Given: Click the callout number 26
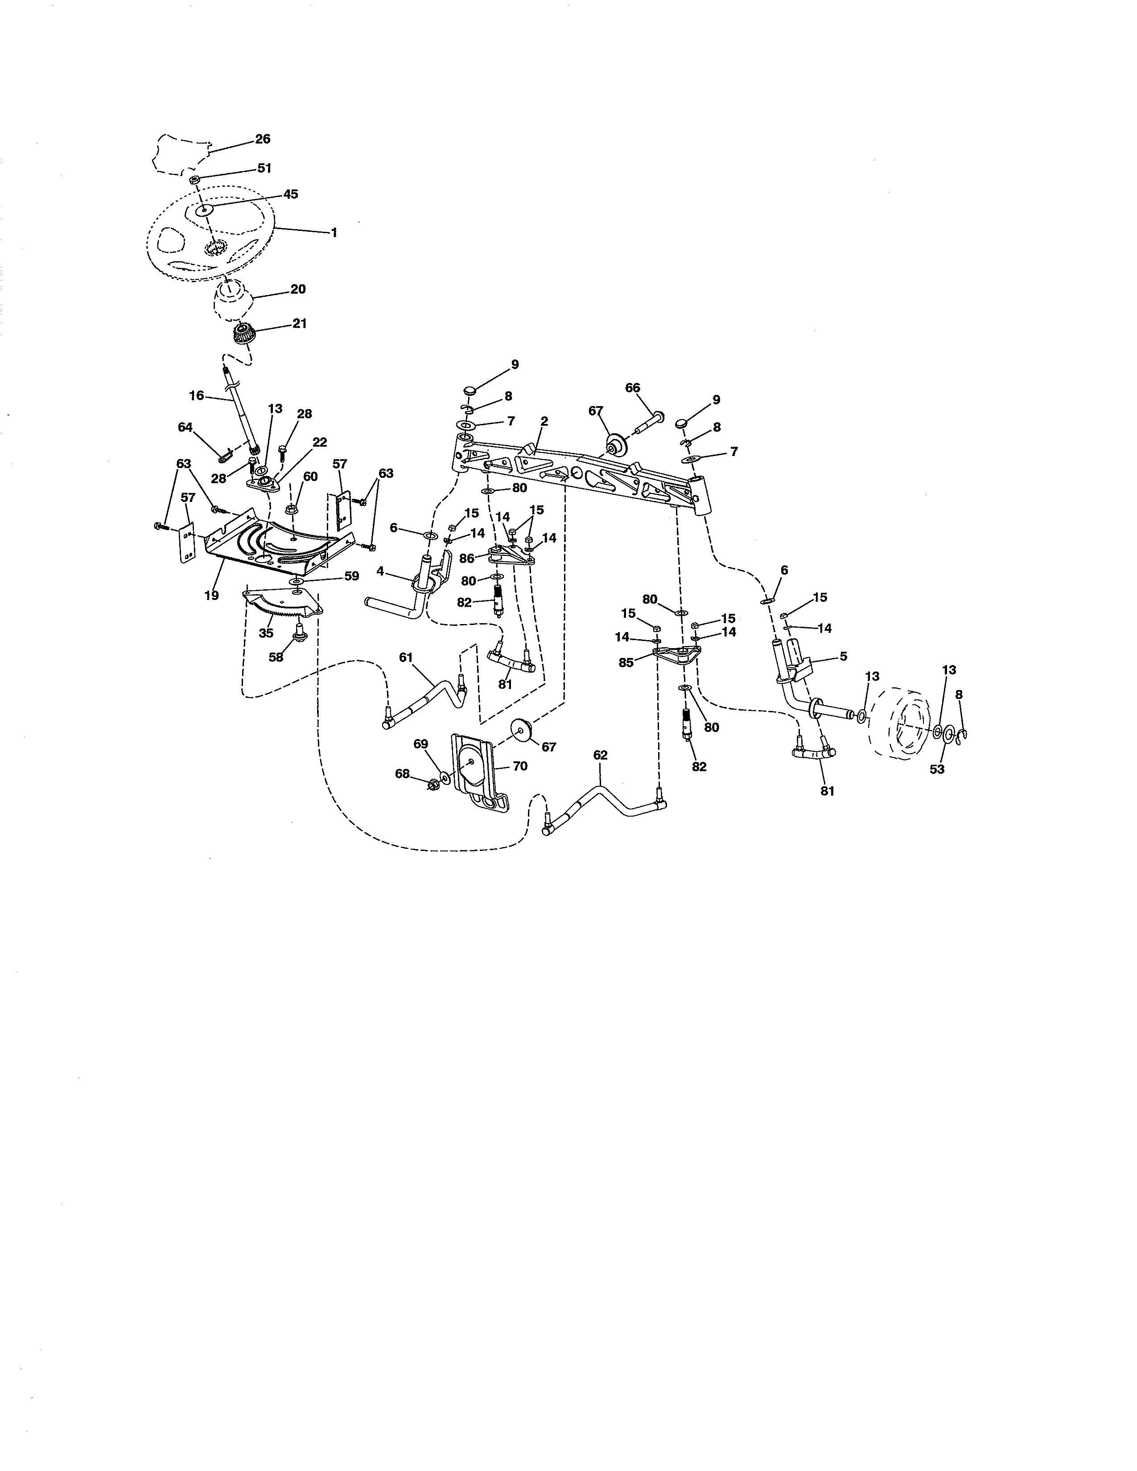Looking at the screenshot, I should [263, 139].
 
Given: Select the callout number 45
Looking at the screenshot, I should [290, 194].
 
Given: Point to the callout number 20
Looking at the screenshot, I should [298, 289].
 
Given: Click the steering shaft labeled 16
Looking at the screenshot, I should [240, 418].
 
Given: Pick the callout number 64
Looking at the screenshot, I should [185, 427].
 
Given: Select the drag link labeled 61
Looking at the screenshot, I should [424, 700].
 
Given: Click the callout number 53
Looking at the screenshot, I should [937, 769].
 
